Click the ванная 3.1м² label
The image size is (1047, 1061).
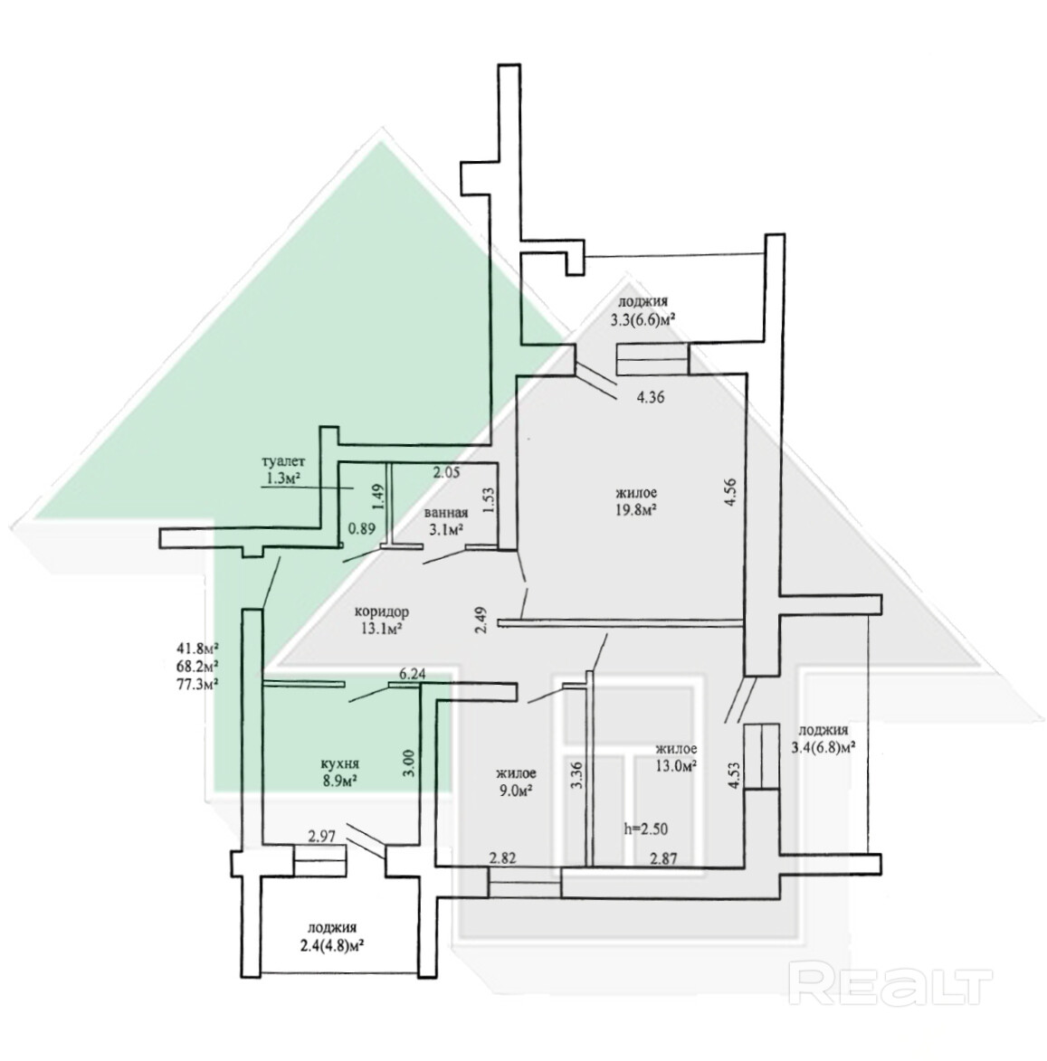444,519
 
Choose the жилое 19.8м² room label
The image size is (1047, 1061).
635,501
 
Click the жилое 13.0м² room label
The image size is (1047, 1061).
676,757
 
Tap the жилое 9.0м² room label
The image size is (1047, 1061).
516,782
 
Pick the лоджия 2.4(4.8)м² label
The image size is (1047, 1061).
331,937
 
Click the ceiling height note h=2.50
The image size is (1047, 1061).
646,827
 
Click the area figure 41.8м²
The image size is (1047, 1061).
201,647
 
